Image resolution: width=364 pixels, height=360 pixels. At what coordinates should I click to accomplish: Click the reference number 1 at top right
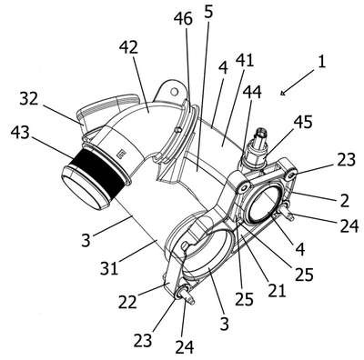point(321,62)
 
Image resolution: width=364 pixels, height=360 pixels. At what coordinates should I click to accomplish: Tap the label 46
point(183,19)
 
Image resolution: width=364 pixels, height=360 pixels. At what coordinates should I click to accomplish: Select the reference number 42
point(128,47)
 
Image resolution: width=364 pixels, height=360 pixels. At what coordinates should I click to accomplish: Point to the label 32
point(29,99)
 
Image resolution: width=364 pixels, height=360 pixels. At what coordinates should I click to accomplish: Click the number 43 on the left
point(20,133)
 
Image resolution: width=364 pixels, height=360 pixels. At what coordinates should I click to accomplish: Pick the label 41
point(245,60)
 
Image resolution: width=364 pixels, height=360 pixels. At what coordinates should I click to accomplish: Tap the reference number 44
point(252,92)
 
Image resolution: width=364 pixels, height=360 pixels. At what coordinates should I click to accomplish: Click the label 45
point(303,123)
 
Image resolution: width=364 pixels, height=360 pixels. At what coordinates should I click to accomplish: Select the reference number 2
point(345,200)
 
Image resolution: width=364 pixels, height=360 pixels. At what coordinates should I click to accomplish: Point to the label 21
point(277,291)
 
